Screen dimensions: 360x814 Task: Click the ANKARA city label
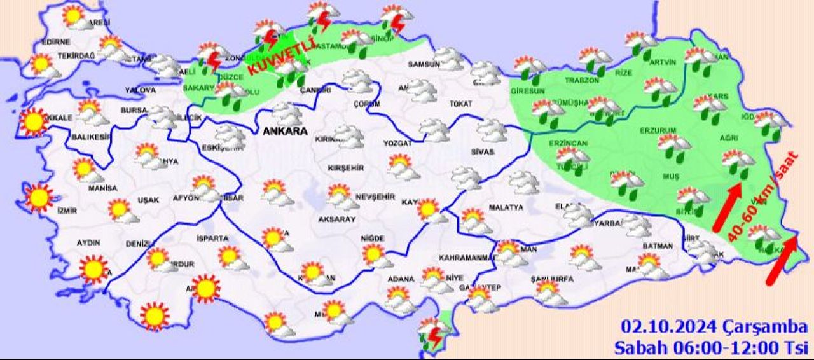click(284, 132)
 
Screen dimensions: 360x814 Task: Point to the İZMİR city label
click(67, 211)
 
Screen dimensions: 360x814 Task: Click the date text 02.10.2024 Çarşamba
click(714, 328)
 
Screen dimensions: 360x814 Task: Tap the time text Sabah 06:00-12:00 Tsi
click(710, 347)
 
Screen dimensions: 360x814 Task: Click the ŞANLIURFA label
click(552, 279)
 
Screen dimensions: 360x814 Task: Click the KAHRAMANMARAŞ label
click(467, 258)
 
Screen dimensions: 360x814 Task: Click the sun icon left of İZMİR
click(39, 197)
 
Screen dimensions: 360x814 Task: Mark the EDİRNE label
click(55, 42)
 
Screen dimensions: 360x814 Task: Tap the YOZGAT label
click(397, 144)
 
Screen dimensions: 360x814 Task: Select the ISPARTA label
click(212, 239)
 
